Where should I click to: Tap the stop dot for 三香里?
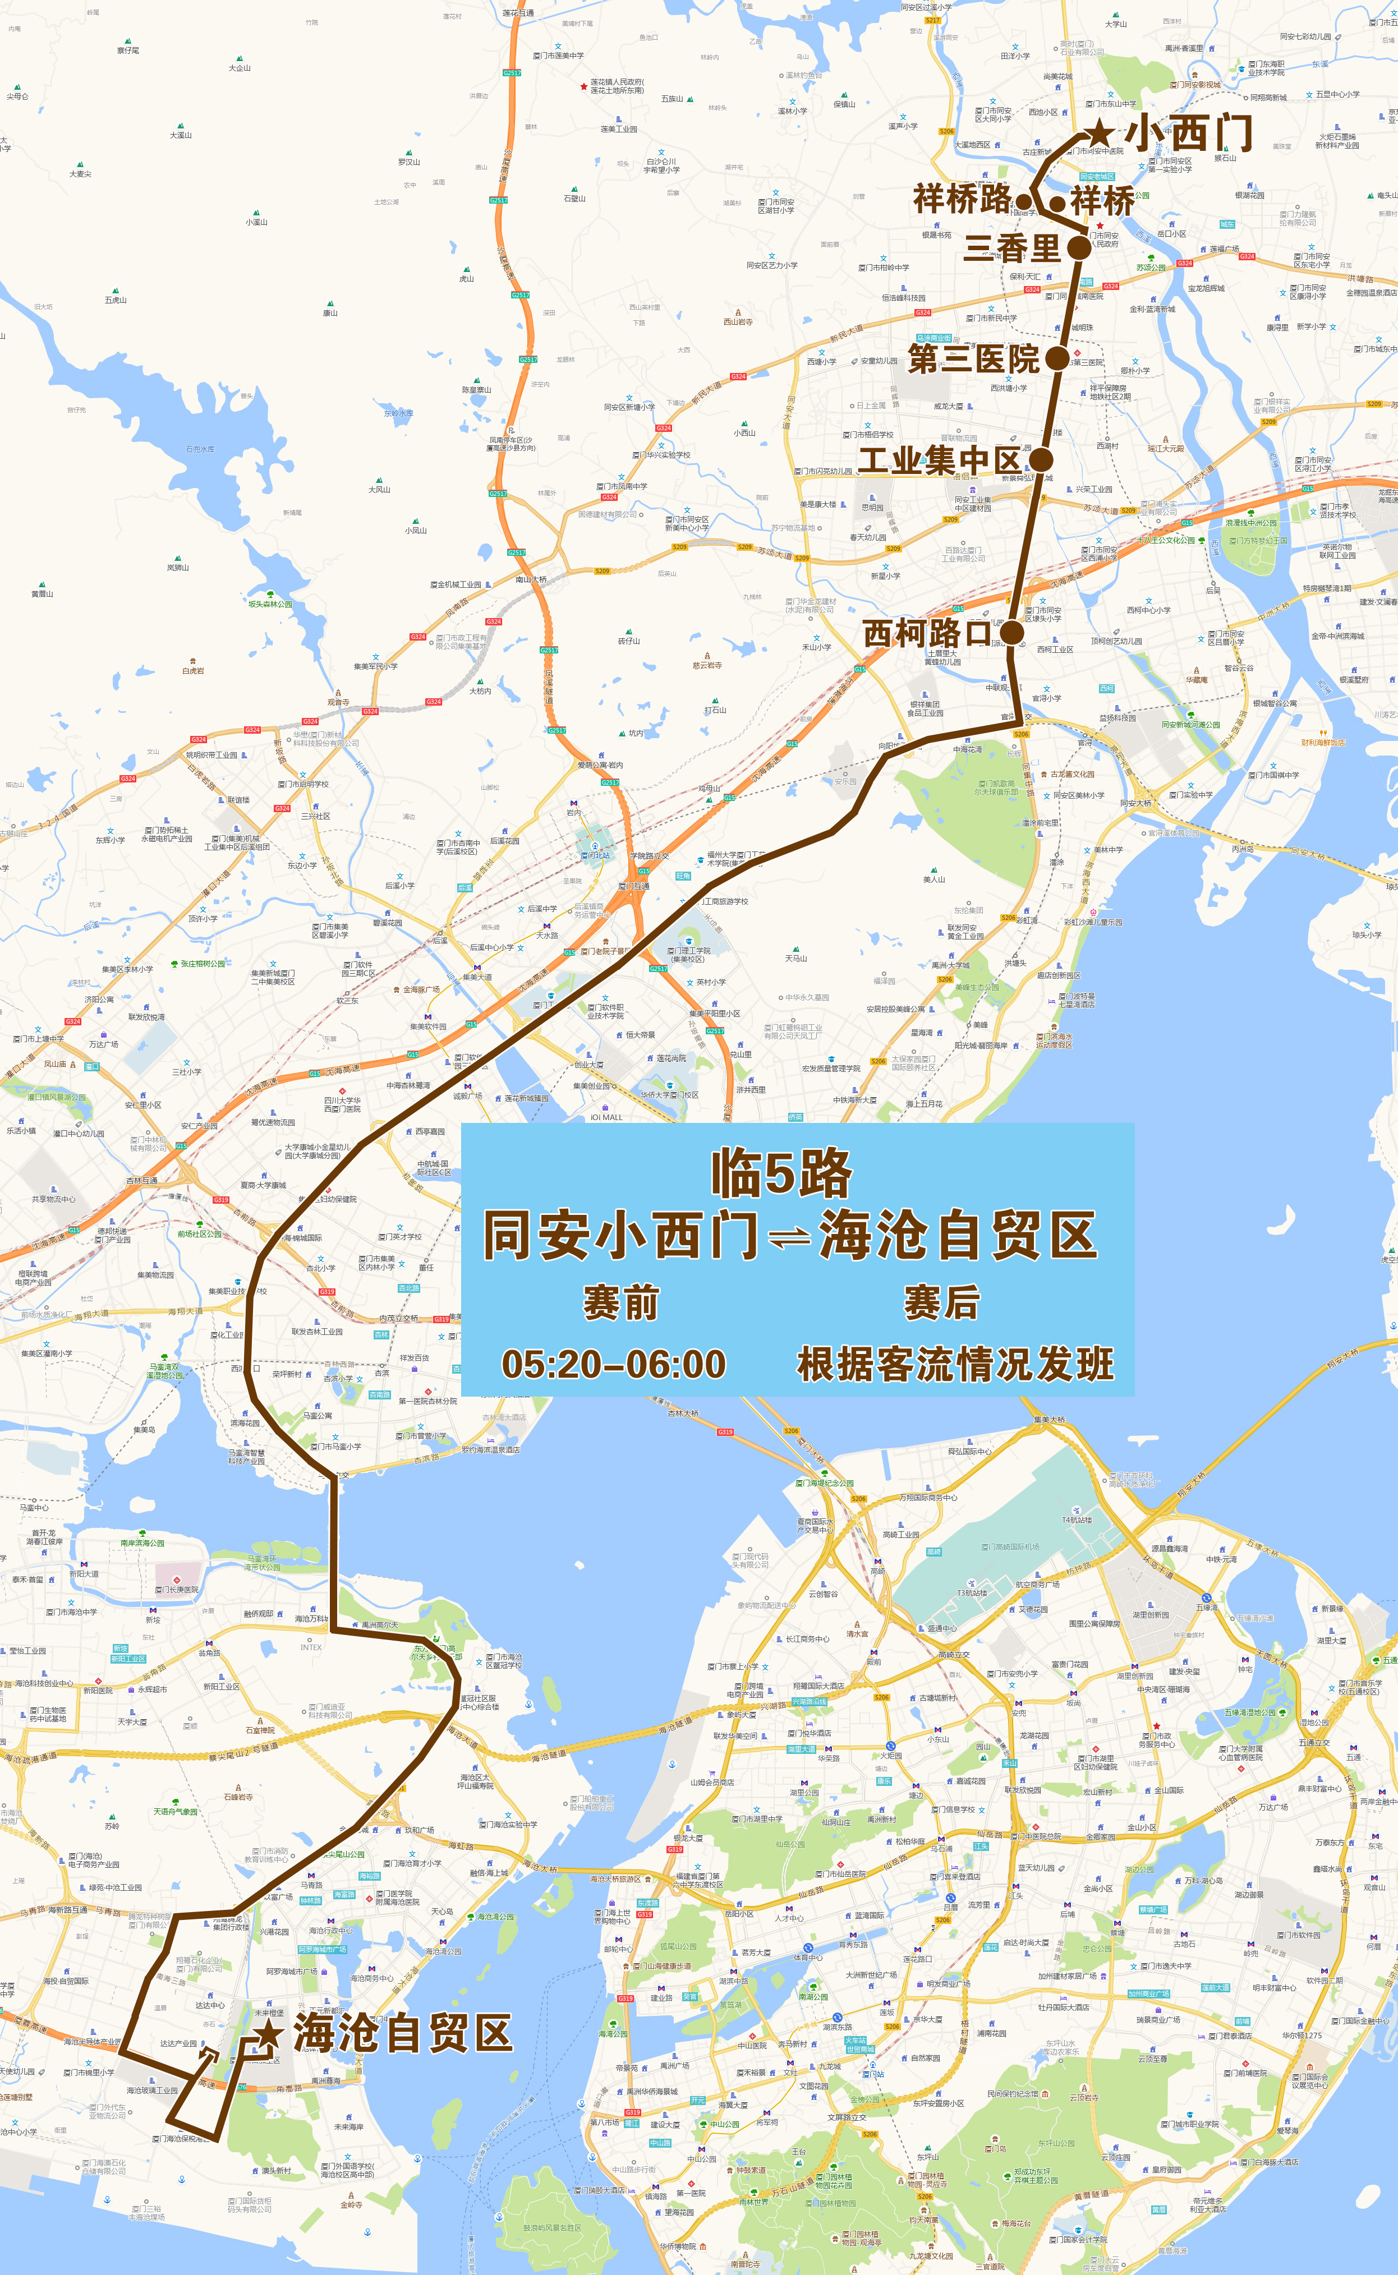coord(1079,248)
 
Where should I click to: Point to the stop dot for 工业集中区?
coord(1041,459)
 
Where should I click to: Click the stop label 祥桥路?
coord(963,199)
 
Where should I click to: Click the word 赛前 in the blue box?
coord(620,1304)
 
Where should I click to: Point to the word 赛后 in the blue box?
coord(941,1304)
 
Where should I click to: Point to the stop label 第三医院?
coord(974,358)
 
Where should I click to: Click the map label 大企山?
coord(240,67)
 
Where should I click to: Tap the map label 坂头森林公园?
coord(269,604)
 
